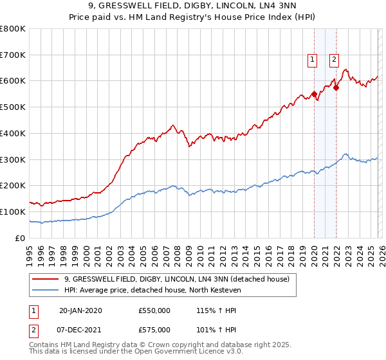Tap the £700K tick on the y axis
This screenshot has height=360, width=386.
point(13,55)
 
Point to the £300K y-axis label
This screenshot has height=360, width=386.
point(13,159)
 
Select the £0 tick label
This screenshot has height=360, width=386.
point(19,238)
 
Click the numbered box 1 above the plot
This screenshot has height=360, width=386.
point(313,60)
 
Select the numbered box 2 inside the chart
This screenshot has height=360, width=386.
point(335,60)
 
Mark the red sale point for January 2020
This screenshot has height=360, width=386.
point(314,94)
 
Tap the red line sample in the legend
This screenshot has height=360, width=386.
point(46,279)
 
